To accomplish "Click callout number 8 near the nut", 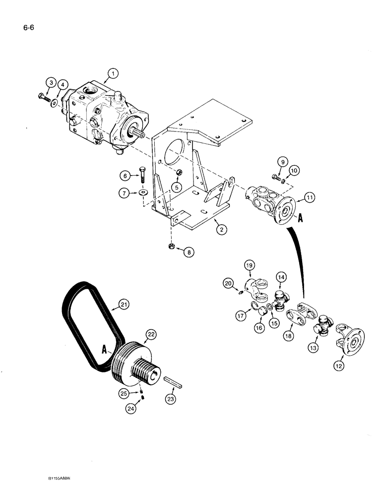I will [188, 252].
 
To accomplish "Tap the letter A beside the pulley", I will [105, 349].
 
